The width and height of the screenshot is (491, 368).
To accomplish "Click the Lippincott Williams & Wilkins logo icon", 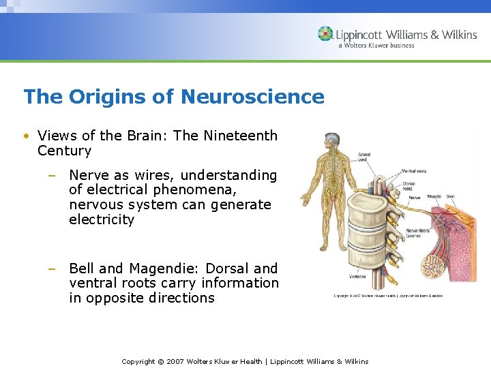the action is click(326, 34).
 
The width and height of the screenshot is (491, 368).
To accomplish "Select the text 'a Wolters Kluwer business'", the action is click(376, 46).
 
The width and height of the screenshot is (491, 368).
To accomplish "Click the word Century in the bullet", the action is click(64, 151).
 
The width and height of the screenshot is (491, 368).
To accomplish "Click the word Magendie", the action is click(172, 269).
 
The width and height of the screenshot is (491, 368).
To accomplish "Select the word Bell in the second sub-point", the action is click(83, 269).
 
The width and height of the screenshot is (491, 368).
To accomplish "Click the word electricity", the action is click(102, 219).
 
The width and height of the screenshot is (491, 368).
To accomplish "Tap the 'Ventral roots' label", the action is click(415, 170).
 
